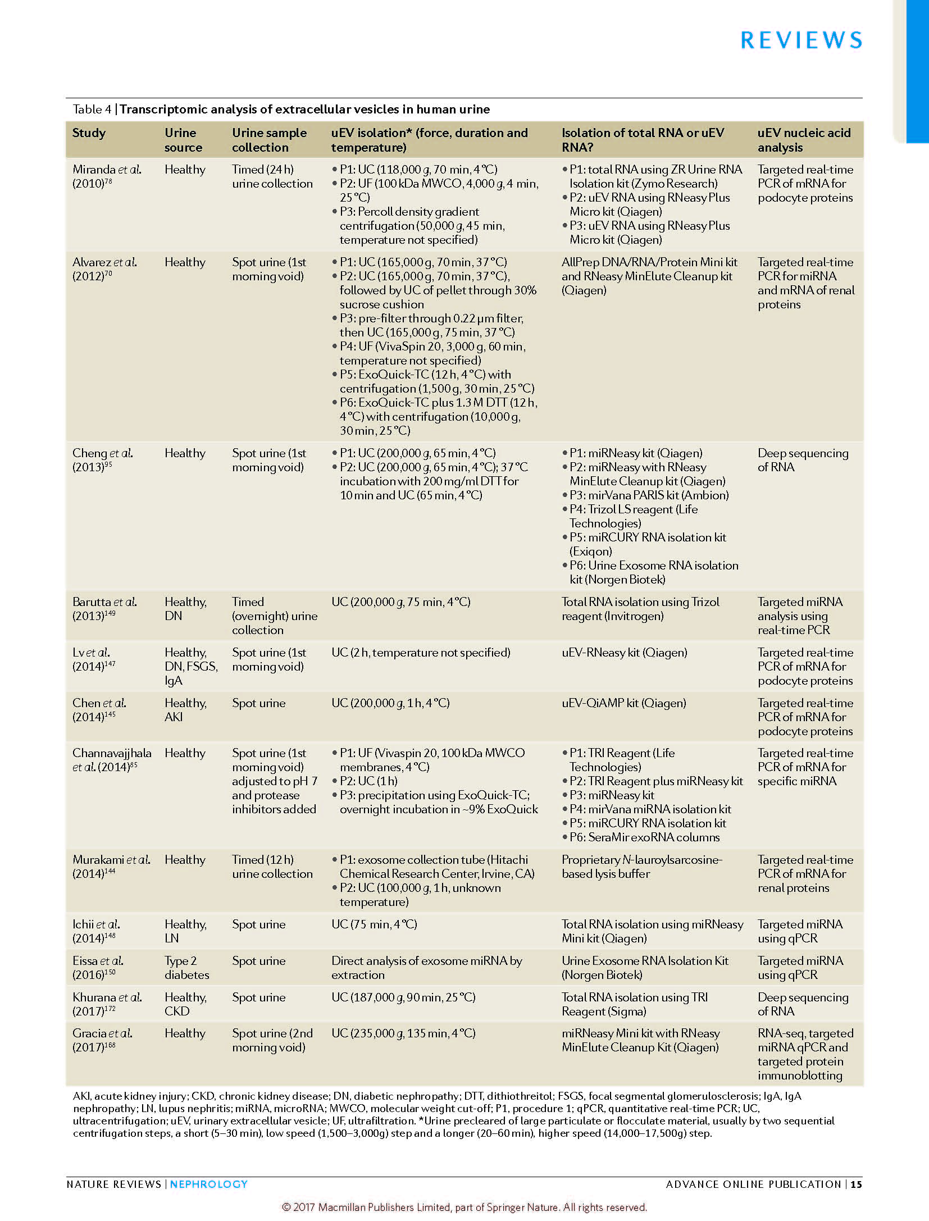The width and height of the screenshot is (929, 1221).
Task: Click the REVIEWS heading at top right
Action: tap(801, 40)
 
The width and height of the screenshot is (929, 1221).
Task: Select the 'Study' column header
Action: tap(89, 133)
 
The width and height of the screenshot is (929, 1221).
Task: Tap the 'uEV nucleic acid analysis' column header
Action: tap(804, 140)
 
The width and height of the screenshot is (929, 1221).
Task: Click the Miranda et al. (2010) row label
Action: tap(107, 176)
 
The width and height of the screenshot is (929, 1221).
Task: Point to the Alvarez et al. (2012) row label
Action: tap(104, 268)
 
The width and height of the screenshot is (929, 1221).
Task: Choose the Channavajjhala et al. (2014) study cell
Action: tap(112, 759)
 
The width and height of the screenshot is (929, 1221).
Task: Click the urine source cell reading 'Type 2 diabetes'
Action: tap(186, 967)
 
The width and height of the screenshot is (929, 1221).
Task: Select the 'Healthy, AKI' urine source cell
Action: tap(185, 709)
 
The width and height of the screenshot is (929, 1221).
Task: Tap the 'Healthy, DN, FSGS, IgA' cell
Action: tap(190, 666)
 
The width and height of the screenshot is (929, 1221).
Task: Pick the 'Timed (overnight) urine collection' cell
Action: tap(274, 616)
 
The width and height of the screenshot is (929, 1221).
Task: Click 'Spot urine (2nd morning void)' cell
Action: tap(272, 1040)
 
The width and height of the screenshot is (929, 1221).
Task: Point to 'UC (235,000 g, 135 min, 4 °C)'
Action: tap(403, 1033)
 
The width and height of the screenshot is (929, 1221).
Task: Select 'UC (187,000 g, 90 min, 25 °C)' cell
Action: tap(403, 997)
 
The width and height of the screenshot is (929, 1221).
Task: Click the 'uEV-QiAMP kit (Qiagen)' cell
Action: tap(623, 703)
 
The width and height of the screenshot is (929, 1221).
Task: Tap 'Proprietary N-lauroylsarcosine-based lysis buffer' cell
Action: tap(641, 867)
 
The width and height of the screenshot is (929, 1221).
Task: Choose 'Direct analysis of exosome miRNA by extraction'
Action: tap(426, 967)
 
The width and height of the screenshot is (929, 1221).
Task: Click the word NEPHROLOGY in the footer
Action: tap(208, 1184)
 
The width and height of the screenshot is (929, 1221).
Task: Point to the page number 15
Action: tap(856, 1184)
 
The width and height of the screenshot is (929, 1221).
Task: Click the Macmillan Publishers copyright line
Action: tap(464, 1207)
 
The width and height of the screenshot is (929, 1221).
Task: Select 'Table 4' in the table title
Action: tap(92, 109)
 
